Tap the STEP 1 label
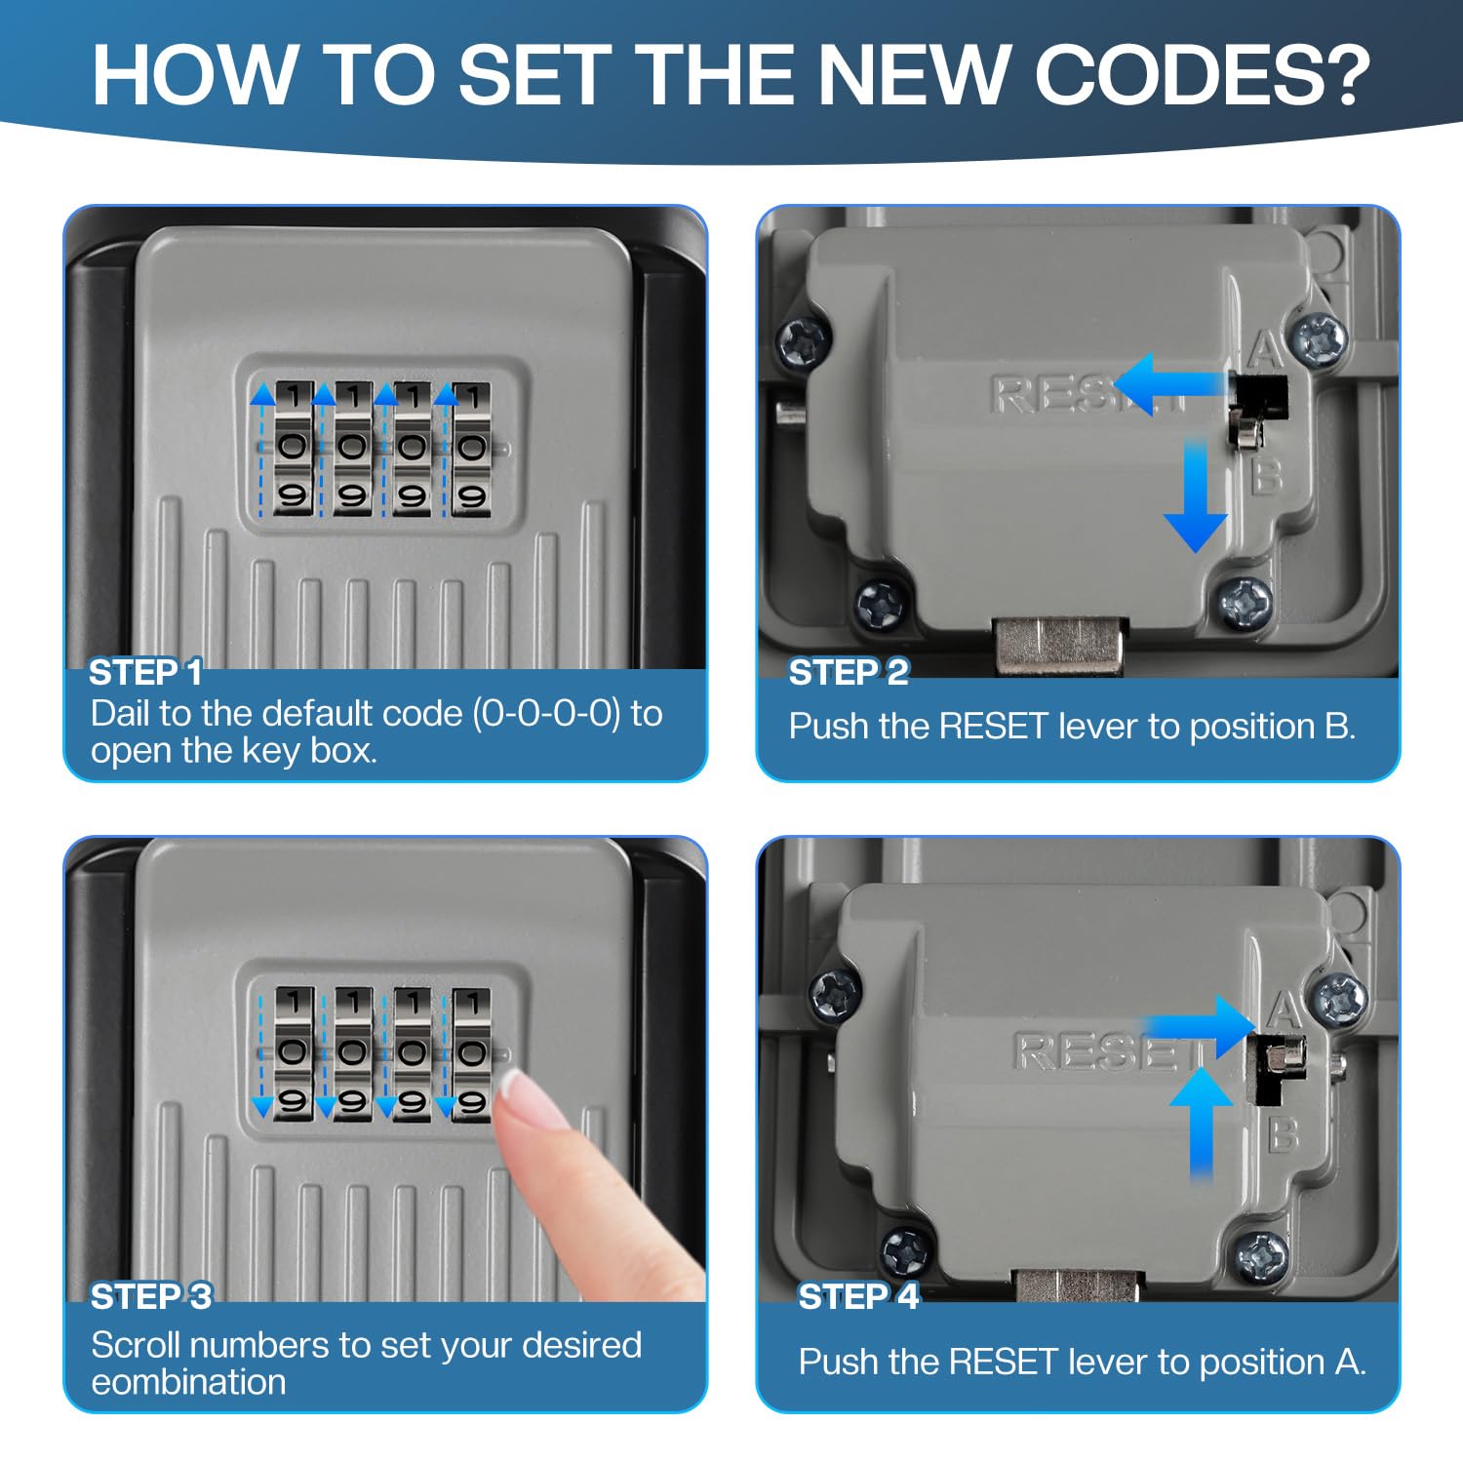[x=146, y=672]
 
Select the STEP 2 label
[x=849, y=672]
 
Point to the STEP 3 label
[x=151, y=1296]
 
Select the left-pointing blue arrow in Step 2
[x=1170, y=384]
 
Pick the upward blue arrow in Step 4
[x=1201, y=1124]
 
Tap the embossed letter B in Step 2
[x=1265, y=477]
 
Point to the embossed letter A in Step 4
[x=1285, y=1009]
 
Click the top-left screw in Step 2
[x=806, y=342]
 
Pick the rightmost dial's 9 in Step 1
[x=472, y=497]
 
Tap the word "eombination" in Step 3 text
[x=188, y=1382]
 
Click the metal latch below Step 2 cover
[x=1059, y=644]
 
